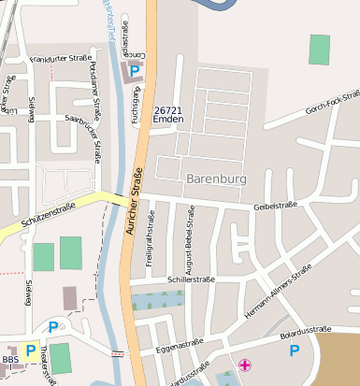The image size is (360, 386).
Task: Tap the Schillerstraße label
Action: tap(191, 279)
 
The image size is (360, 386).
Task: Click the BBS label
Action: tap(9, 360)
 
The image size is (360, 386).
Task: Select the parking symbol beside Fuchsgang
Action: tap(136, 70)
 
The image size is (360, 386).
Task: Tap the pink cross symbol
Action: tap(245, 365)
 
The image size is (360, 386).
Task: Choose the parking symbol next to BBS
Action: tap(31, 350)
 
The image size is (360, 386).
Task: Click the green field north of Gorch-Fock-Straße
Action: tap(320, 49)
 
